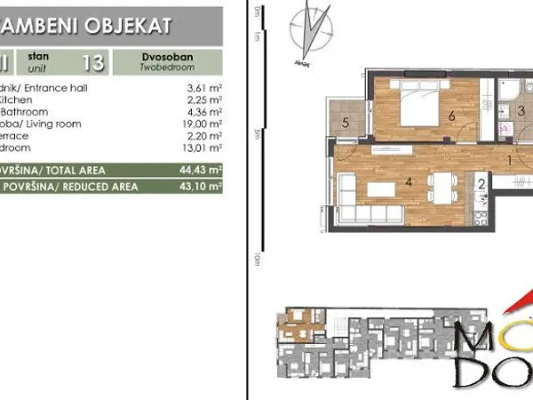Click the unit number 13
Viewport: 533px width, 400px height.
click(91, 62)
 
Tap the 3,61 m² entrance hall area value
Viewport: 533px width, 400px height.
click(204, 89)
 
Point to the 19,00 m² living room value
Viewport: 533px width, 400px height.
click(203, 124)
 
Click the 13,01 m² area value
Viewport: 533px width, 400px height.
click(203, 148)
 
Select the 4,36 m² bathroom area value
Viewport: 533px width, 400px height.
click(204, 112)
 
